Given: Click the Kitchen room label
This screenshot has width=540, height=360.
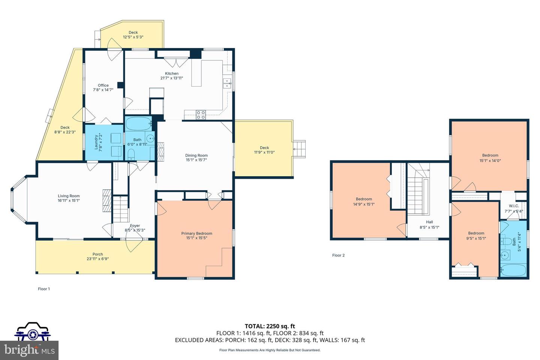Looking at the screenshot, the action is (x=172, y=73).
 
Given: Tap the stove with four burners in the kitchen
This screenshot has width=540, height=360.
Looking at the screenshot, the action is (x=201, y=115).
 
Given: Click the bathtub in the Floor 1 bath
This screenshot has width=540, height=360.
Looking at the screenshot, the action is (x=138, y=124).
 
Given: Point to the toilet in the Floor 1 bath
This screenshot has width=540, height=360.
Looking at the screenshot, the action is (x=131, y=154).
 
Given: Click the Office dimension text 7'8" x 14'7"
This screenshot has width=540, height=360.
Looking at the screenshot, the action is (x=103, y=90).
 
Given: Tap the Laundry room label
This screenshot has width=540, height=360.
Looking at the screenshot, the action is (x=96, y=142).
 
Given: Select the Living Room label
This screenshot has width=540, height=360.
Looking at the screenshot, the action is (x=69, y=196).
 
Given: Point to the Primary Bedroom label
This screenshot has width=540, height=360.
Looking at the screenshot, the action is (x=197, y=233).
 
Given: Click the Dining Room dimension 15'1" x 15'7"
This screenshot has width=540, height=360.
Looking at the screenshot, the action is (x=196, y=160).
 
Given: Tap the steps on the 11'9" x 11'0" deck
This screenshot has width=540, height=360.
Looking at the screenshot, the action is (x=299, y=149).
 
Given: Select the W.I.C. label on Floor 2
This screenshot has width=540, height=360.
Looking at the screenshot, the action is (x=514, y=206).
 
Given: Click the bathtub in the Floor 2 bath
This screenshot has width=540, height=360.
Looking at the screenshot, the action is (x=513, y=270).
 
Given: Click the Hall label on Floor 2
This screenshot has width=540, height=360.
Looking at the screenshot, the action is (x=429, y=222).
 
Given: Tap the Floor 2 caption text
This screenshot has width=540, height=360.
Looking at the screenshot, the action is (x=339, y=255).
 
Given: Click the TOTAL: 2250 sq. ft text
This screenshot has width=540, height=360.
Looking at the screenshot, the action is (x=270, y=326).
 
